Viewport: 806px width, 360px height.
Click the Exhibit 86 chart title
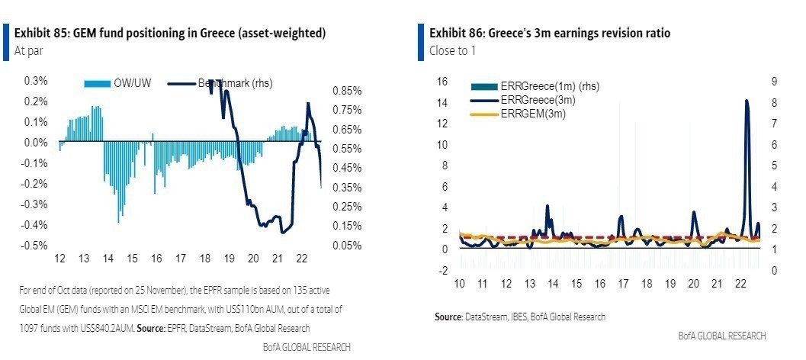[551, 34]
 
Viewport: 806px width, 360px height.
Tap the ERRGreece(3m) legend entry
[538, 100]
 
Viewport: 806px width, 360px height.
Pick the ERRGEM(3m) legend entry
[533, 113]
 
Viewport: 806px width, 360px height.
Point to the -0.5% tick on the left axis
[35, 246]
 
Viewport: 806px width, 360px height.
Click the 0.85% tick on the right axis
[346, 90]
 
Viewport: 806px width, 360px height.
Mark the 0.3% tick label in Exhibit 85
[37, 80]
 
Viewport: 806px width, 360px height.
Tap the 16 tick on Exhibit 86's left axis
[441, 82]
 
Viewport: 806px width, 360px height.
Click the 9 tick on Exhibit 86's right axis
[773, 82]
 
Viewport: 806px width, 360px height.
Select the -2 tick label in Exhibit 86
[442, 270]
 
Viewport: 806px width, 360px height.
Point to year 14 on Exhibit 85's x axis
[108, 259]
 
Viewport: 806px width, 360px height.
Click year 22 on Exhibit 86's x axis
[740, 284]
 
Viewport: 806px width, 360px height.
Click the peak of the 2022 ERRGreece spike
[747, 101]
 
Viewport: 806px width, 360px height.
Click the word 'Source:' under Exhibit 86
[449, 317]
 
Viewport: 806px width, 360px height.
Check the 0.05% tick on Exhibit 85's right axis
[346, 245]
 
